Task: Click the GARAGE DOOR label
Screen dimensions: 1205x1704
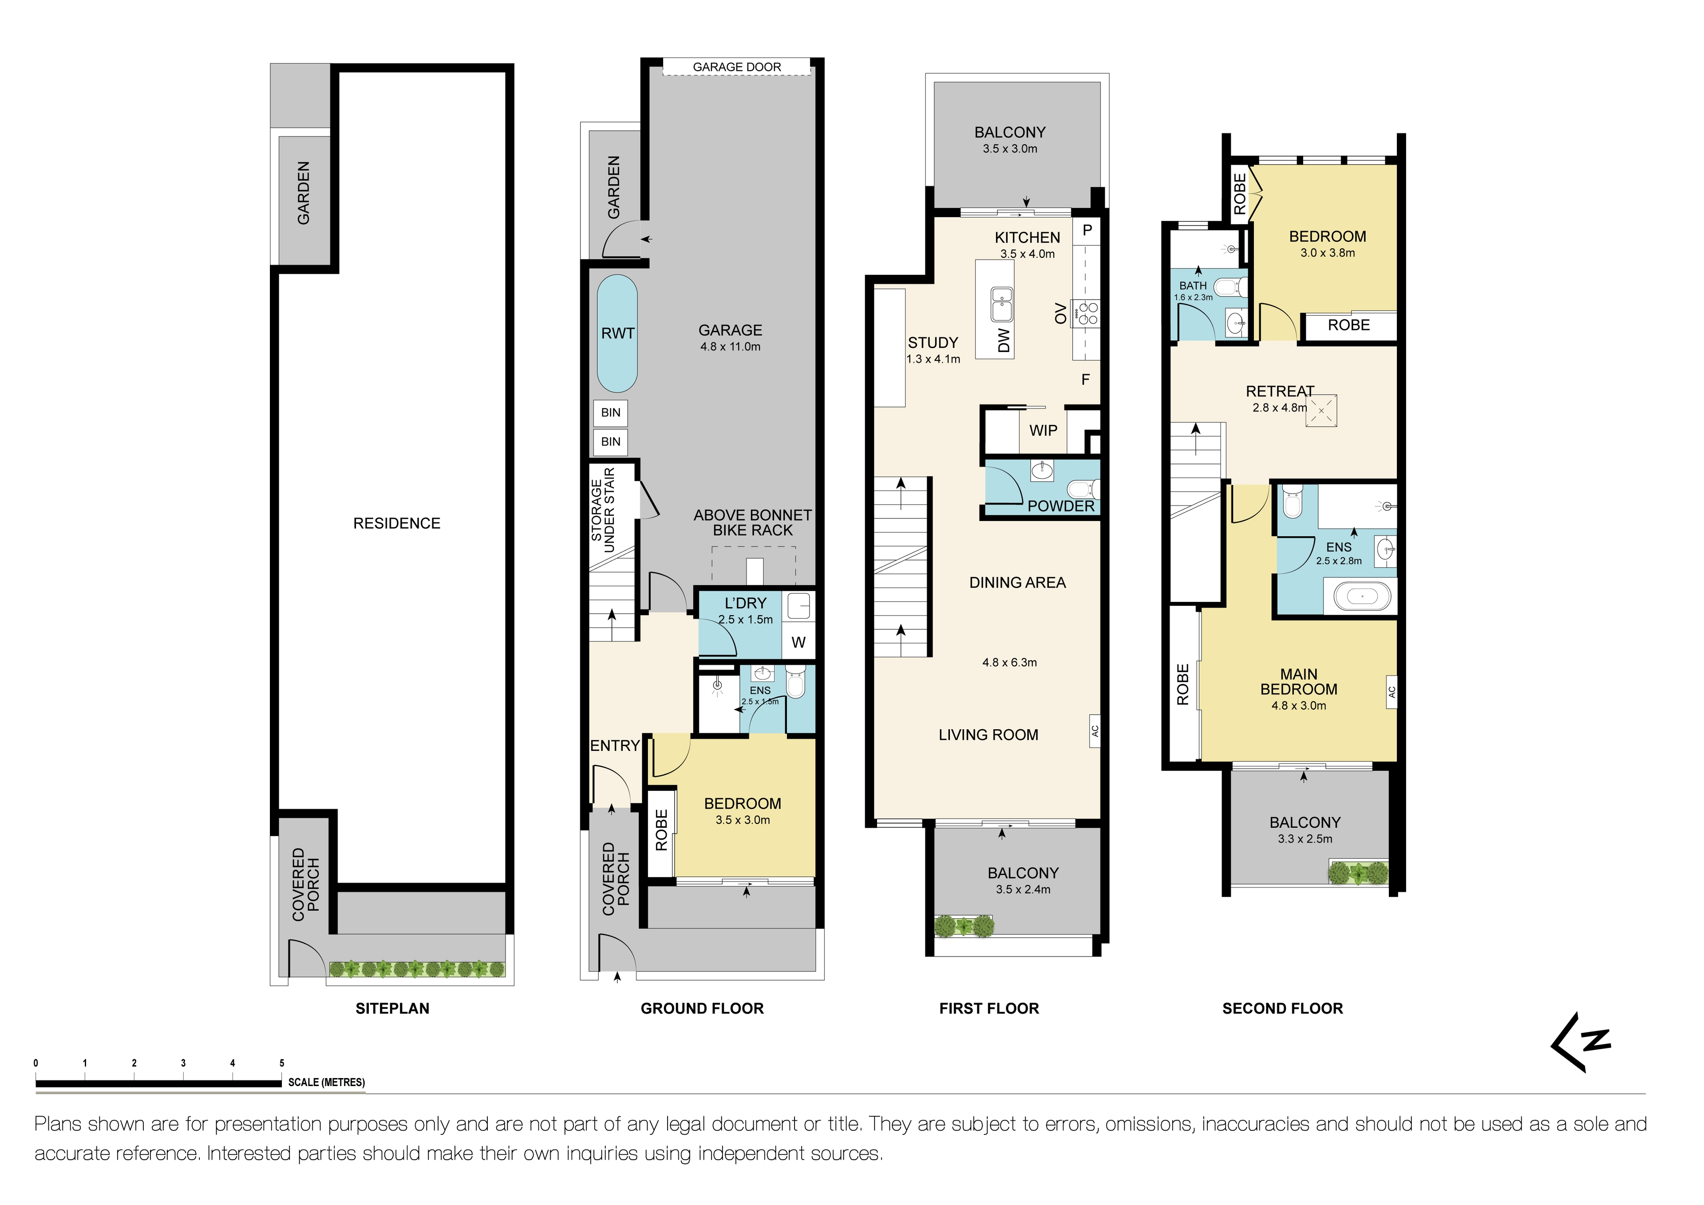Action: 736,67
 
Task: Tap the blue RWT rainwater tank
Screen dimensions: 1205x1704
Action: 617,333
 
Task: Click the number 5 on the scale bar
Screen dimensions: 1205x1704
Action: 282,1063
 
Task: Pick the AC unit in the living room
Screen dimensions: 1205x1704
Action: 1095,731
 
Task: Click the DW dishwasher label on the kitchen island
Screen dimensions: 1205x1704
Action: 1004,340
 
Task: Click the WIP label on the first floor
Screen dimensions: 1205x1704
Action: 1043,431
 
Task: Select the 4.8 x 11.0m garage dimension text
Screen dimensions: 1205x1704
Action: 730,347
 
